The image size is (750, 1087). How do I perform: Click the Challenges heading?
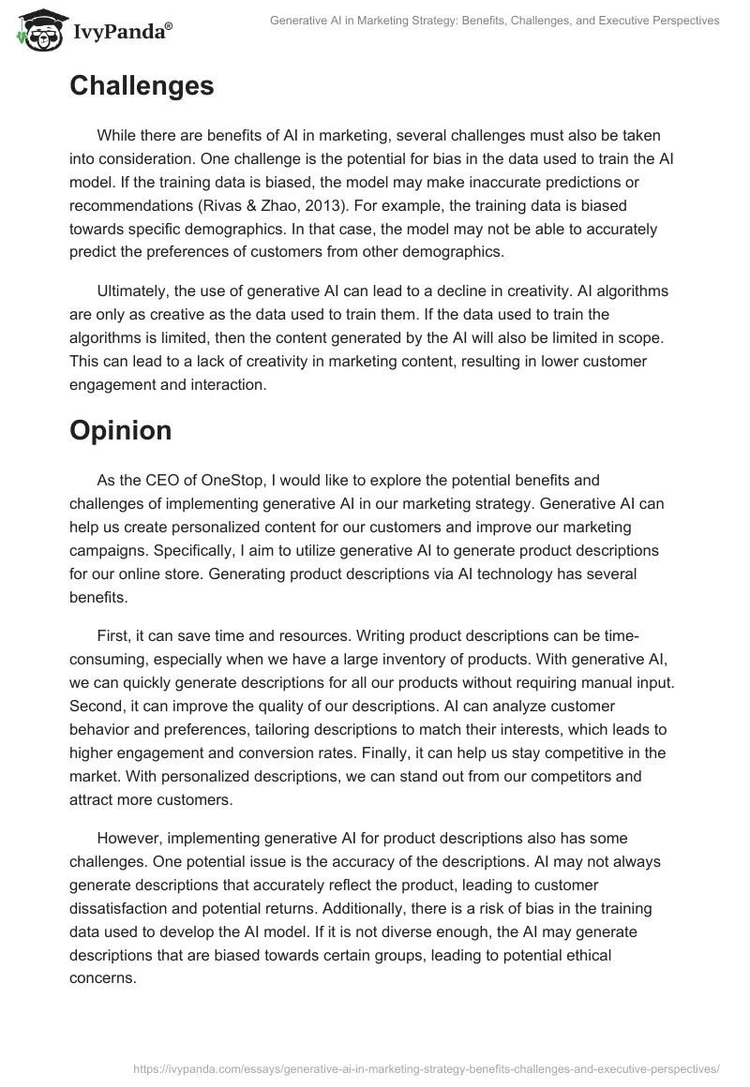click(142, 86)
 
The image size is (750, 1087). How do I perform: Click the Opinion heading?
click(121, 430)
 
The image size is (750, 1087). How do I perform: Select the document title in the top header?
click(493, 20)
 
